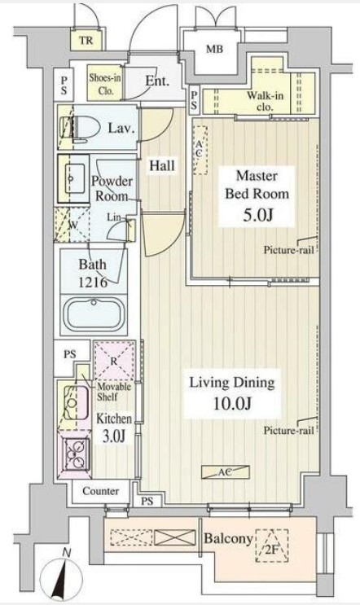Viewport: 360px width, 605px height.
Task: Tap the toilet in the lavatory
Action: coord(80,127)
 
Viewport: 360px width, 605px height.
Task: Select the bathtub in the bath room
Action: coord(94,313)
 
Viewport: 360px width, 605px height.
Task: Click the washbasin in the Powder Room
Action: coord(73,178)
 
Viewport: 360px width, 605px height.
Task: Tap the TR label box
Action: coord(87,40)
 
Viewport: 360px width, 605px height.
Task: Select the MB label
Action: coord(214,50)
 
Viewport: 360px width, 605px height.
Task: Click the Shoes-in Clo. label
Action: coord(105,84)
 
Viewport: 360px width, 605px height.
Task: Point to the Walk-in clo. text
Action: coord(265,101)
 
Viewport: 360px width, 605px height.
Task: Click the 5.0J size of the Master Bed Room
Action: coord(257,216)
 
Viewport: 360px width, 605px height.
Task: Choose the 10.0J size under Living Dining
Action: coord(232,403)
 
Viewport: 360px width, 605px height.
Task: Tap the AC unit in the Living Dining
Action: coord(226,472)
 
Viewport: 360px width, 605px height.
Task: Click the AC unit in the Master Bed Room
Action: coord(200,150)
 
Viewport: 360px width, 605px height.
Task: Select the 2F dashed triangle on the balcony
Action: coord(272,545)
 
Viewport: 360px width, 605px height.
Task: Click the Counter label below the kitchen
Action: coord(101,491)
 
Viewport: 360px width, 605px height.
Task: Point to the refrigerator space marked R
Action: coord(115,361)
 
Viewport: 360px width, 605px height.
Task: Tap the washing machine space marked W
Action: coord(72,225)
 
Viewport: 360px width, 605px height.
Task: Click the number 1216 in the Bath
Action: coord(93,282)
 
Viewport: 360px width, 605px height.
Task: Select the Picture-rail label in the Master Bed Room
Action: coord(288,250)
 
